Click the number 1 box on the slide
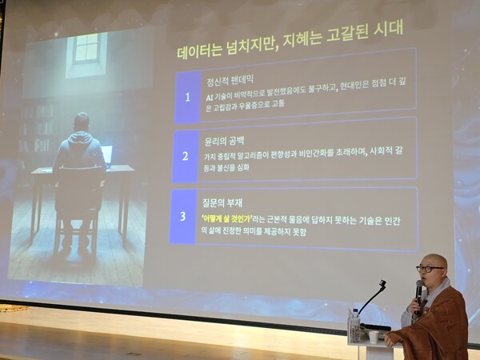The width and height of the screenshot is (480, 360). [187, 98]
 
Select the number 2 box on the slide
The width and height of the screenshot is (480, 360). [185, 156]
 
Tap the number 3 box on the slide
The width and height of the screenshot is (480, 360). [182, 216]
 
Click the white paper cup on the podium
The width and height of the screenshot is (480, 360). [374, 337]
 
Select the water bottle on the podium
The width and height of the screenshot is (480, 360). [354, 324]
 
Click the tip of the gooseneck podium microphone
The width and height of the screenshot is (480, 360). [383, 283]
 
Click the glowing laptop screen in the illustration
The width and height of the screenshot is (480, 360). [106, 155]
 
